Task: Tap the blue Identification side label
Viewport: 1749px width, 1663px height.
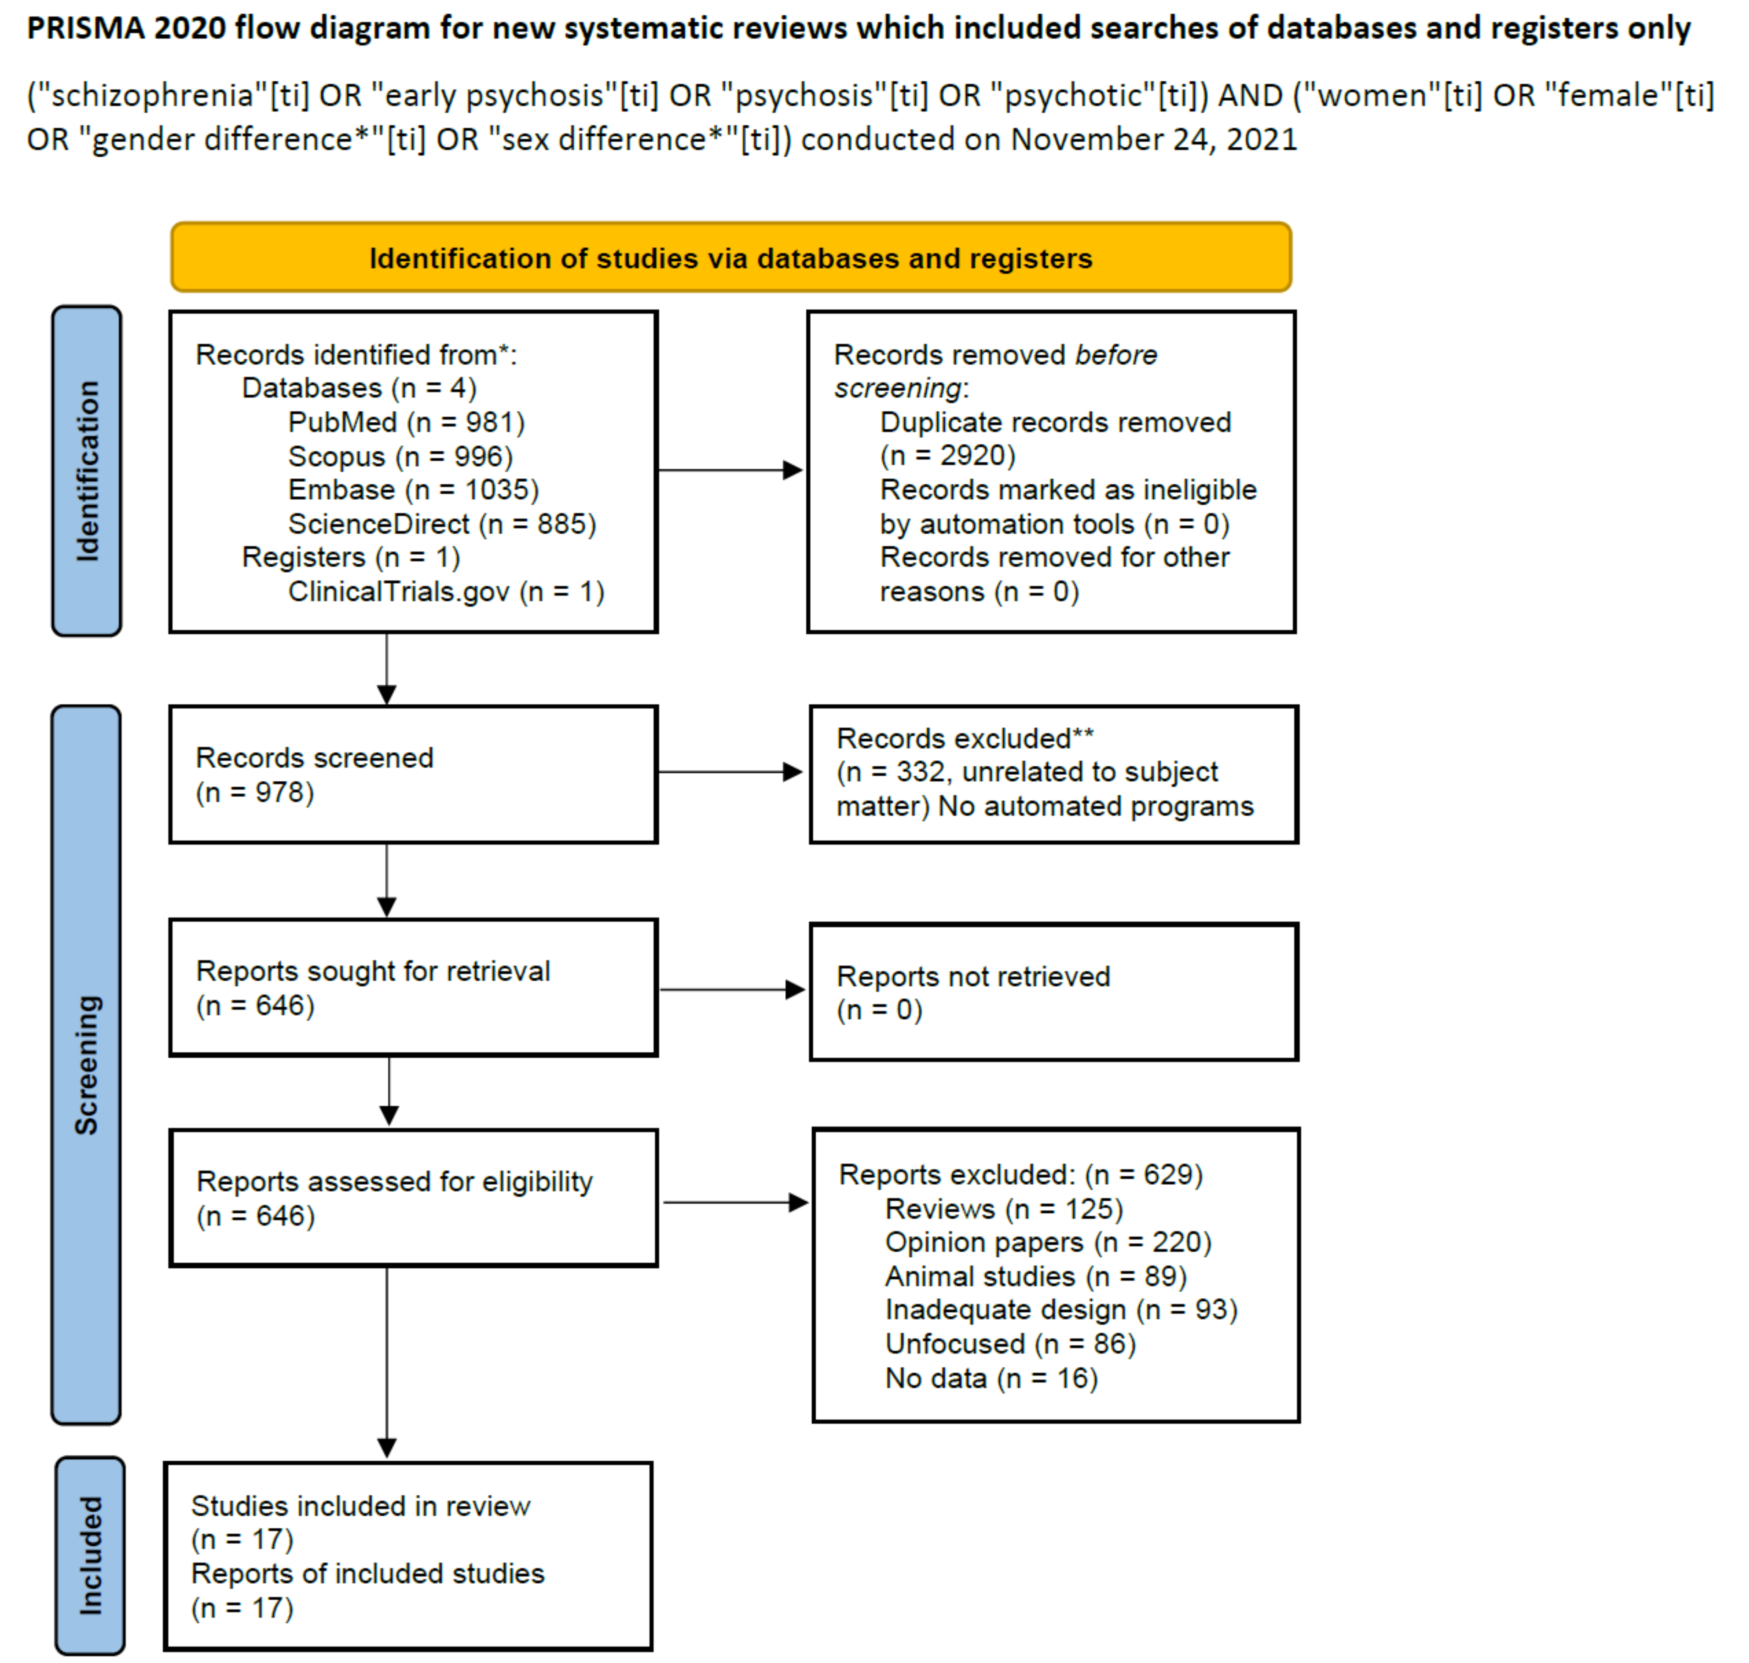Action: (87, 471)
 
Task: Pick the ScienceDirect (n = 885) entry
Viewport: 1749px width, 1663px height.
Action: (441, 524)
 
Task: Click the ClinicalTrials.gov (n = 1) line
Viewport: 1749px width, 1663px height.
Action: (445, 591)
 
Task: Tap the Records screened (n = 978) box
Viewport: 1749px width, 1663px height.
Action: (413, 774)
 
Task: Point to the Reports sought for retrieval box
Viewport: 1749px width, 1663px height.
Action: (413, 988)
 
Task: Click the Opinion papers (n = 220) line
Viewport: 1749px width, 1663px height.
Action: (1047, 1243)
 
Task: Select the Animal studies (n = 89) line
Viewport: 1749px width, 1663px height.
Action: (1035, 1276)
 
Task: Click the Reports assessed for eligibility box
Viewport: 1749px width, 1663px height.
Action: (413, 1198)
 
